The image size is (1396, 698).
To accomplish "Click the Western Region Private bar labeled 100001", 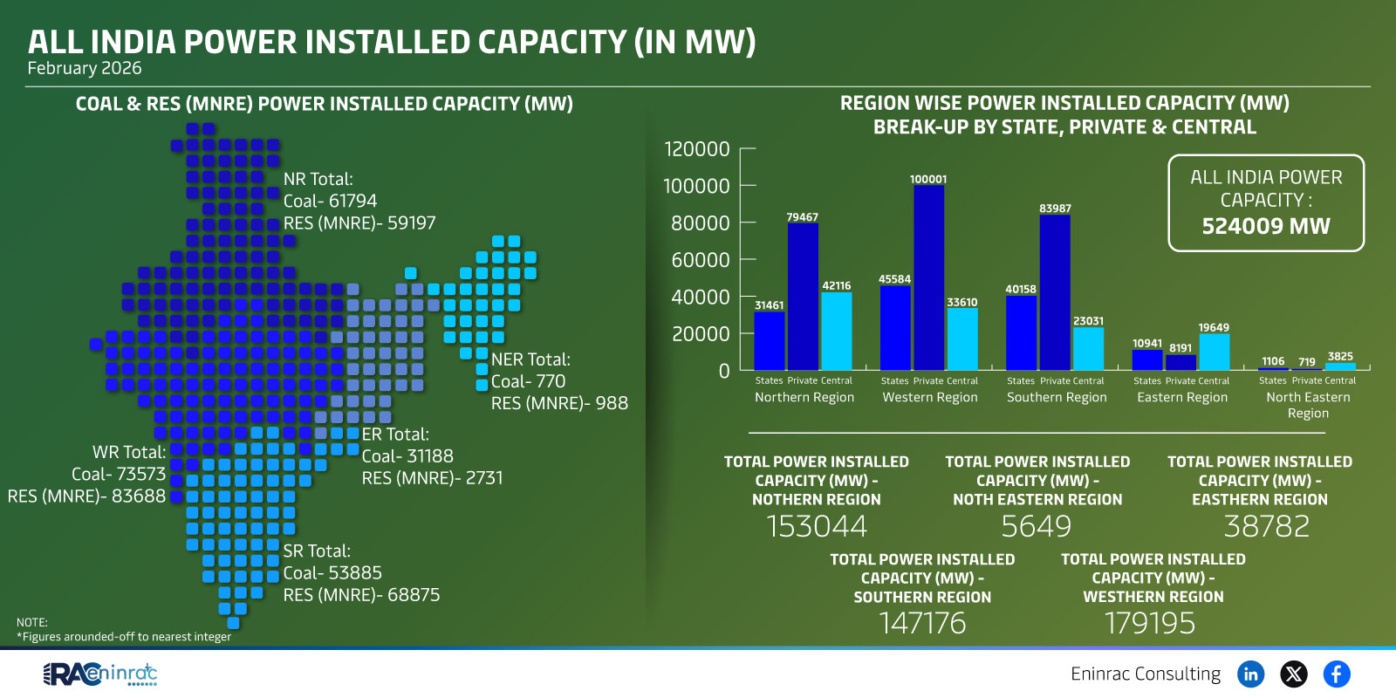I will tap(928, 277).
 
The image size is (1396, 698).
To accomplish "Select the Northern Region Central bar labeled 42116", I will tap(836, 332).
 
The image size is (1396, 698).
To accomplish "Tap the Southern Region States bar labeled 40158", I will tap(1021, 333).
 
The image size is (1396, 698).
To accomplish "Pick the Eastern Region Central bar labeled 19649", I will tap(1214, 352).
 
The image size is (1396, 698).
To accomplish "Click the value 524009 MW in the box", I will tap(1266, 226).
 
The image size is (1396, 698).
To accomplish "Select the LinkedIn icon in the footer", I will tap(1250, 674).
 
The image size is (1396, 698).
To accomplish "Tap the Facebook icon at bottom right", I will tap(1336, 674).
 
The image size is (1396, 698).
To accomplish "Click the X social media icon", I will tap(1293, 674).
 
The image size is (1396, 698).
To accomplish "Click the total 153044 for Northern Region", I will tap(817, 526).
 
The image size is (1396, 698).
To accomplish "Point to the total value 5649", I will tap(1037, 526).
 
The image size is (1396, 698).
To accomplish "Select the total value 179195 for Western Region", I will tap(1150, 623).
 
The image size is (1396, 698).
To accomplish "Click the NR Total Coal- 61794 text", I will tap(330, 201).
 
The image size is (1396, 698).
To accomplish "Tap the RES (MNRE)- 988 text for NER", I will tap(559, 403).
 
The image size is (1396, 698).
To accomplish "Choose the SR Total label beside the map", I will tap(317, 551).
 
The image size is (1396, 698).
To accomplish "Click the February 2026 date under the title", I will tap(84, 68).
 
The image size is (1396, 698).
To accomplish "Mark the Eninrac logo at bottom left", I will tap(100, 674).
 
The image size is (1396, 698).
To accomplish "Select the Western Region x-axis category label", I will tap(930, 397).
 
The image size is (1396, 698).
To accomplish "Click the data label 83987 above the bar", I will tap(1055, 209).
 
